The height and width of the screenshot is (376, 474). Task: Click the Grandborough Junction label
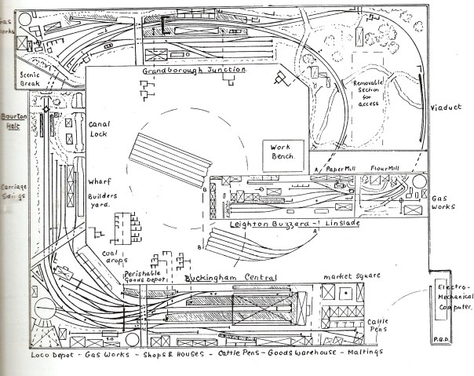click(194, 70)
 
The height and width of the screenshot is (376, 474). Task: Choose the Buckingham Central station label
click(232, 278)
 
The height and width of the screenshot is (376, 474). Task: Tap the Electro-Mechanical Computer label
click(450, 297)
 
